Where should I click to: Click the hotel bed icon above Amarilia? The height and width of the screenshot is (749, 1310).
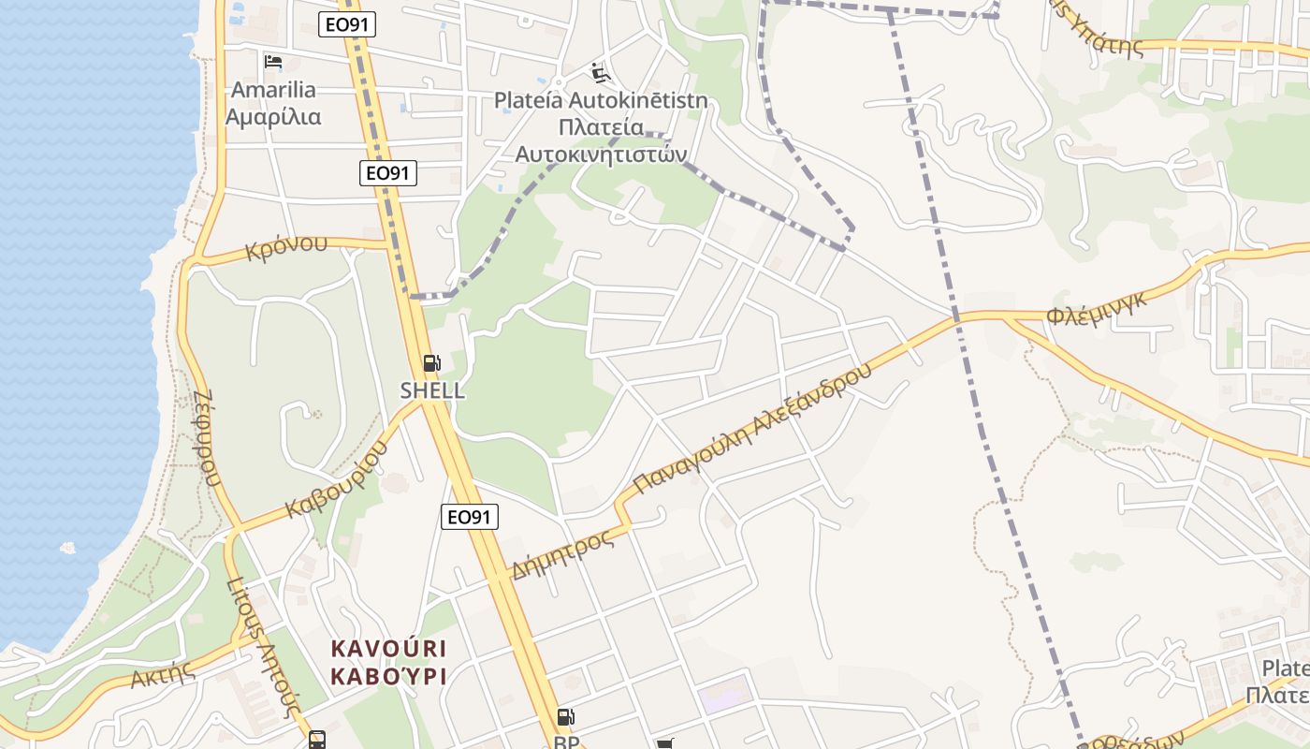tap(273, 62)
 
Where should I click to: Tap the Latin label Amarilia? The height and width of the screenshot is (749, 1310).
tap(273, 90)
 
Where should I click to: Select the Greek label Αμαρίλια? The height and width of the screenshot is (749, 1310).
tap(273, 117)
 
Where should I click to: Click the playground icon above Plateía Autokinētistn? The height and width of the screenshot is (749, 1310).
tap(601, 72)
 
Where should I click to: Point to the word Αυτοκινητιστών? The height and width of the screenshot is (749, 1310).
tap(601, 154)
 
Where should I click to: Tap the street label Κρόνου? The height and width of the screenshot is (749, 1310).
tap(286, 247)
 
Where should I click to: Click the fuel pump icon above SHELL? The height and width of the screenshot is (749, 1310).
tap(431, 363)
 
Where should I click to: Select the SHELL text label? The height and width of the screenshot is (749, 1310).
tap(432, 390)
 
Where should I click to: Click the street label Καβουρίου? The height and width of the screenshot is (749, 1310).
tap(337, 480)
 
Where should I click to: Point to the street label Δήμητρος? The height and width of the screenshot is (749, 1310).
tap(562, 553)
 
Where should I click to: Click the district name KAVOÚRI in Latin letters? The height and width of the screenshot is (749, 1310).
tap(387, 649)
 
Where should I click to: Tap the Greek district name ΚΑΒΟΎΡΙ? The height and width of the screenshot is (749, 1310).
tap(387, 676)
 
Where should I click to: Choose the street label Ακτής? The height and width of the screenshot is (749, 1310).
tap(162, 675)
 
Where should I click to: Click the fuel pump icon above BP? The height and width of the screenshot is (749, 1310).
tap(565, 717)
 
